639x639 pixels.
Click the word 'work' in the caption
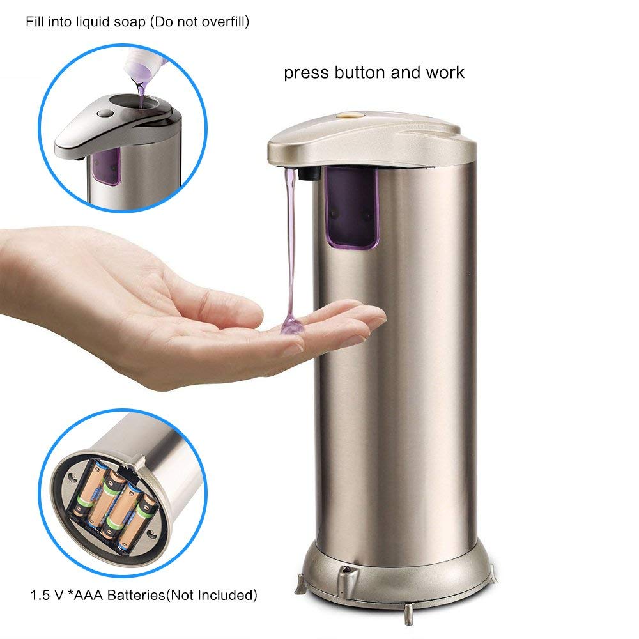pyautogui.click(x=445, y=72)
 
